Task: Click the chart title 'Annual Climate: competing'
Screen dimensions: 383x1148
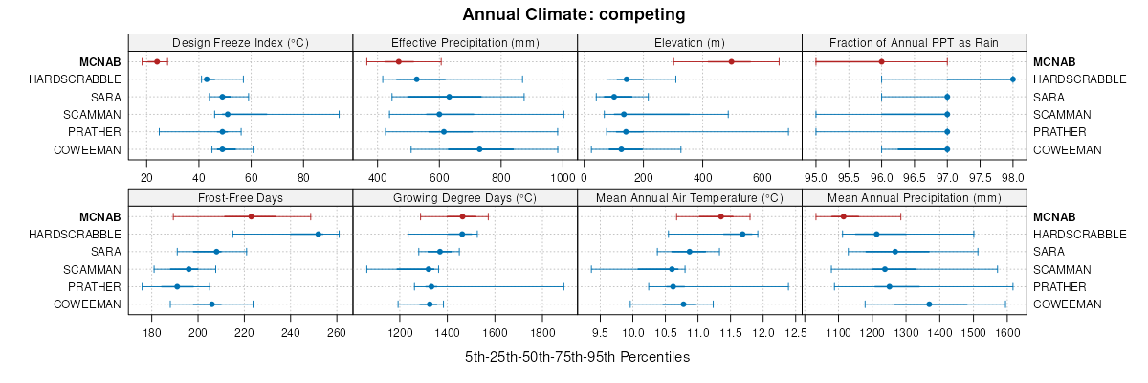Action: coord(574,14)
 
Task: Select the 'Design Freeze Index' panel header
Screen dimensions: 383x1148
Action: coord(240,43)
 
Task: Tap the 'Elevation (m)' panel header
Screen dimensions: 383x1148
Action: coord(689,43)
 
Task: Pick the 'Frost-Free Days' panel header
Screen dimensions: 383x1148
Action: coord(240,199)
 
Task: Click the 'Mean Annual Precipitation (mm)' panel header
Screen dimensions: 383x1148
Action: coord(914,199)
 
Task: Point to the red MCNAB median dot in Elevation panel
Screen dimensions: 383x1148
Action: coord(732,61)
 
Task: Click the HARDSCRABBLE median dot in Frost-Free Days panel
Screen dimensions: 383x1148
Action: coord(319,234)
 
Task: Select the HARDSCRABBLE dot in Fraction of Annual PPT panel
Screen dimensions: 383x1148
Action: coord(1012,79)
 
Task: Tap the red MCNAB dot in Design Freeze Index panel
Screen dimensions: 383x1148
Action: coord(157,61)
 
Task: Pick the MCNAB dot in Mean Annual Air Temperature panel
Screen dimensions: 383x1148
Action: coord(720,216)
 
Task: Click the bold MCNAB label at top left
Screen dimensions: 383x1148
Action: coord(103,61)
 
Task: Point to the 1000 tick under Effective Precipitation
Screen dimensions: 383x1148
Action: coord(562,177)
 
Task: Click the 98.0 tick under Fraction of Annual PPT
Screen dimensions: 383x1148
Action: coord(1012,177)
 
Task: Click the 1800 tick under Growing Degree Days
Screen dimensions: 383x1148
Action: coord(542,333)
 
